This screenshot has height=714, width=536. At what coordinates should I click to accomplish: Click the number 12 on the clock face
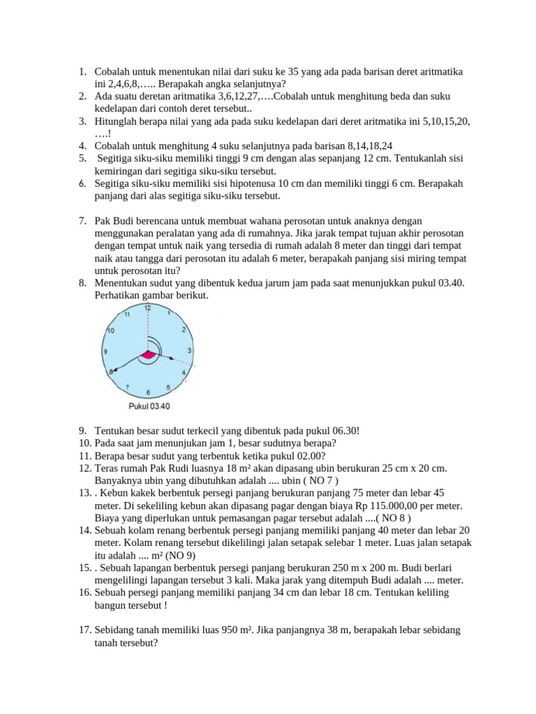[147, 307]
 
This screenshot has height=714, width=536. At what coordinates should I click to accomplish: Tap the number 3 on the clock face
[190, 350]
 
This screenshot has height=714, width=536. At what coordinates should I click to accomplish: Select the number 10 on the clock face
[110, 330]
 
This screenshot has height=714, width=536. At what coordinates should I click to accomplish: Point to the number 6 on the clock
[148, 393]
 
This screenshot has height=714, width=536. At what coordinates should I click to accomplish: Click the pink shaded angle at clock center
[147, 356]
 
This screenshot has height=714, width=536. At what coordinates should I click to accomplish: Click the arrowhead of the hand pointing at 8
[114, 371]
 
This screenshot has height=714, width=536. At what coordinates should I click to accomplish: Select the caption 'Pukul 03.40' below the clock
[149, 407]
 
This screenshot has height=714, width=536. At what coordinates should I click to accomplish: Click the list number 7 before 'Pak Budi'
[82, 221]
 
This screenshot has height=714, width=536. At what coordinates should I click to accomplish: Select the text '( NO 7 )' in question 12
[318, 480]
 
